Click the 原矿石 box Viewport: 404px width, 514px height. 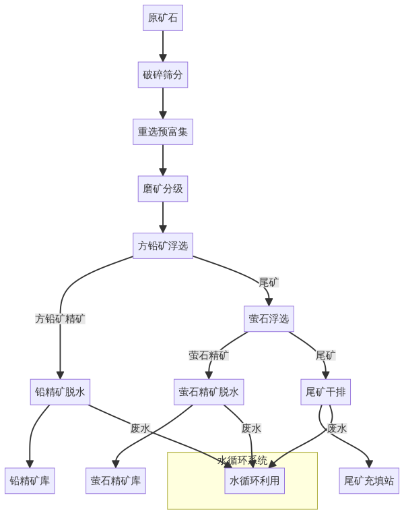[162, 18]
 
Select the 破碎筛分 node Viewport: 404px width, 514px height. [162, 75]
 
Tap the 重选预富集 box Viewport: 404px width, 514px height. [162, 132]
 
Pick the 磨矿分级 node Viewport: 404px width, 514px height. [162, 189]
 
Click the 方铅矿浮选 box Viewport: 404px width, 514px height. [162, 246]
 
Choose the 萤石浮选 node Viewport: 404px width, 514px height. [269, 318]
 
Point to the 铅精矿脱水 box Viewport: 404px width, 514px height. [60, 392]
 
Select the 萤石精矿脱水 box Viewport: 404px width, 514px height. [209, 392]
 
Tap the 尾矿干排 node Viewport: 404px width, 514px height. [325, 392]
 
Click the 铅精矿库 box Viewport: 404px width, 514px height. [30, 481]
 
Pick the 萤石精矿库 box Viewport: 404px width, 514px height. [115, 481]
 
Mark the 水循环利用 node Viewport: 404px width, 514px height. [255, 481]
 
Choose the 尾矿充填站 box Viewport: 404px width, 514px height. [369, 481]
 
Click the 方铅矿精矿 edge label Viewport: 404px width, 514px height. [60, 318]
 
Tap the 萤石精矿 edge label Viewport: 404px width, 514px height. [209, 355]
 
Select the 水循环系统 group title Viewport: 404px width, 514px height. [242, 461]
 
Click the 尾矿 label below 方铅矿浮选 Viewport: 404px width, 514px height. [269, 282]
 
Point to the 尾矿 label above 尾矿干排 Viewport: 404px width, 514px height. [325, 355]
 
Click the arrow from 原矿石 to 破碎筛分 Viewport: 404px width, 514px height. [162, 46]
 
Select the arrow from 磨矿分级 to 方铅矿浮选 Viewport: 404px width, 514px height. [162, 217]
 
